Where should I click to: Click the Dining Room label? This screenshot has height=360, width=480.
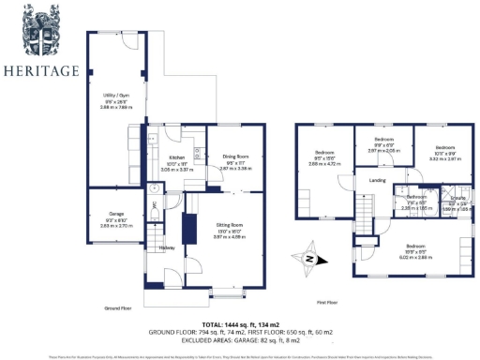click(x=235, y=157)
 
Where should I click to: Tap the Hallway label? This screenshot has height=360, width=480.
click(x=167, y=247)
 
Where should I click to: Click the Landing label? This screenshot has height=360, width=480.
click(x=378, y=180)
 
